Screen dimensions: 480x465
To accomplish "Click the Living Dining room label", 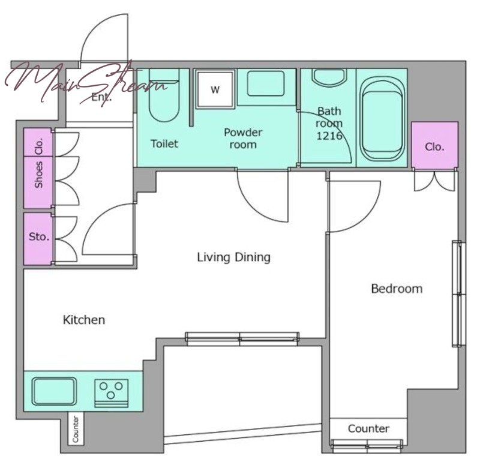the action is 233,257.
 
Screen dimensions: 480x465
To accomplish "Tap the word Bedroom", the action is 397,289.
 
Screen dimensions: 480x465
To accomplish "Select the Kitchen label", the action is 84,320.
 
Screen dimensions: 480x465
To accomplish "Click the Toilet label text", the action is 164,143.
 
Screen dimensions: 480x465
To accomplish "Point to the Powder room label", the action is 243,139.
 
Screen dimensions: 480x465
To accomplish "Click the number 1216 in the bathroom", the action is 329,136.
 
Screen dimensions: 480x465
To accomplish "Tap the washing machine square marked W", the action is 215,89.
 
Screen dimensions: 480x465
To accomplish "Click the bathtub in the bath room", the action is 382,118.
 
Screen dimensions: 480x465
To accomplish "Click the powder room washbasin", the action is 266,83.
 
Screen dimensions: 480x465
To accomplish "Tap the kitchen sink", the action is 54,391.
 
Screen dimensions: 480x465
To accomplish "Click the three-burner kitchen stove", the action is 111,394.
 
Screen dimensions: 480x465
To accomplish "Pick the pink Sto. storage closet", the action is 38,238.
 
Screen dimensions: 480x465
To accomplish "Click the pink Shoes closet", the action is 38,182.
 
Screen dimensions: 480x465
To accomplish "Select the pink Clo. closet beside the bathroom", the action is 434,145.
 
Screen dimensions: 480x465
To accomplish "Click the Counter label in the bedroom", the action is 368,428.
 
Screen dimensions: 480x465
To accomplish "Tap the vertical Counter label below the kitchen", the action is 76,429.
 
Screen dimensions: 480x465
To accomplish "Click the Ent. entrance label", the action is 101,97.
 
